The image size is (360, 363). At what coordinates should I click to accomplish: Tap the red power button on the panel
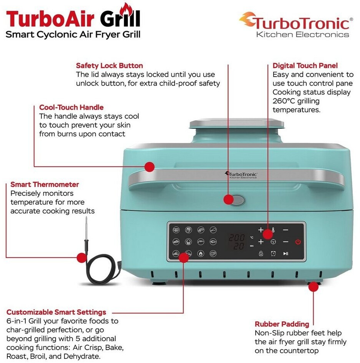[x=298, y=242]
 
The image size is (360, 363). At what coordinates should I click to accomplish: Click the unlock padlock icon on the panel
[x=261, y=253]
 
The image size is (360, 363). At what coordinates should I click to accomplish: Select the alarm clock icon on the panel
[x=273, y=253]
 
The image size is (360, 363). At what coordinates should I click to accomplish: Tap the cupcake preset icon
[x=188, y=242]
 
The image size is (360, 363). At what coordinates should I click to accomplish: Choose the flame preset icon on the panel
[x=201, y=253]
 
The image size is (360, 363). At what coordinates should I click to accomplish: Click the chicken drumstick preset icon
[x=213, y=230]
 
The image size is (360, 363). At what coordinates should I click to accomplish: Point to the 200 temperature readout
[x=237, y=238]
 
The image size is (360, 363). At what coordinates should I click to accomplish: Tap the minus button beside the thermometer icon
[x=286, y=230]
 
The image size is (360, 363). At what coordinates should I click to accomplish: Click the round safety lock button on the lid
[x=238, y=200]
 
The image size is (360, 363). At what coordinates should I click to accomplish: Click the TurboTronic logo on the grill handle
[x=241, y=175]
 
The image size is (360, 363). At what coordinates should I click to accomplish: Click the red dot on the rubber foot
[x=313, y=287]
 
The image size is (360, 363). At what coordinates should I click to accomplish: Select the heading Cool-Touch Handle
[x=71, y=107]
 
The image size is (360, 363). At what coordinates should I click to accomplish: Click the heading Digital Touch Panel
[x=305, y=66]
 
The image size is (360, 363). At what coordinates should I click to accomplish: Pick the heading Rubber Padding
[x=282, y=324]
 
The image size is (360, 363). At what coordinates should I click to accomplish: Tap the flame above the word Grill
[x=126, y=9]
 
